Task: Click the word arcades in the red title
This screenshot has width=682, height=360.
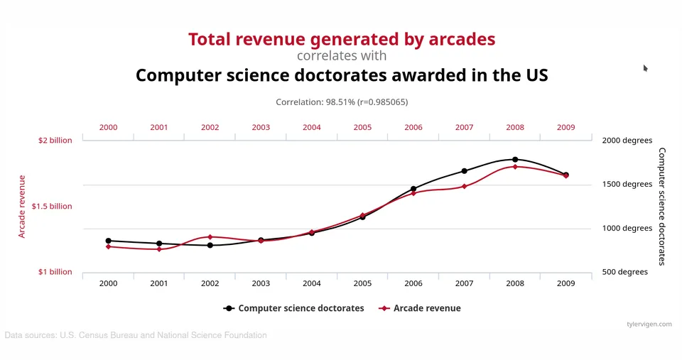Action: [x=462, y=39]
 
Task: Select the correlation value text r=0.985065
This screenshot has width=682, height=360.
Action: [x=383, y=102]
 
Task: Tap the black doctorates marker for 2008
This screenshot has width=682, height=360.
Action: [x=515, y=160]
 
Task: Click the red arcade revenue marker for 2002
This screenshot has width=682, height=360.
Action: [x=210, y=237]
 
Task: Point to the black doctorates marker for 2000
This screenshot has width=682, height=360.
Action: [x=108, y=241]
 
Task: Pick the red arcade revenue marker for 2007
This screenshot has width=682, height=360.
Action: [x=464, y=187]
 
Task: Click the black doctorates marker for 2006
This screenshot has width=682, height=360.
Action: [x=413, y=189]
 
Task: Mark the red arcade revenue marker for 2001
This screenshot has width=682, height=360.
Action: [x=159, y=249]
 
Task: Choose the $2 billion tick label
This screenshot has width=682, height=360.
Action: [x=55, y=141]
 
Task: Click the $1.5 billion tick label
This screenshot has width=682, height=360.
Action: [x=52, y=206]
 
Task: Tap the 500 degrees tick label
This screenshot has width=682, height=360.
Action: [x=625, y=272]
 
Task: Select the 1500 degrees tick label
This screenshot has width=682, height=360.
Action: [x=627, y=184]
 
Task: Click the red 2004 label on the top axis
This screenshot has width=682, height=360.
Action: [x=311, y=127]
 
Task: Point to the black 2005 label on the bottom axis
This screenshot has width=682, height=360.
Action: [x=362, y=283]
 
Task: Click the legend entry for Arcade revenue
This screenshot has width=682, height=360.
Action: [x=420, y=308]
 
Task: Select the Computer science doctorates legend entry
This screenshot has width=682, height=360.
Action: [x=293, y=308]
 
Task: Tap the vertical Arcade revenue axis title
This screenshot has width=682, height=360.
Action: [x=22, y=207]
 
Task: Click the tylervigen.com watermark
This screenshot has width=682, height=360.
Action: [x=649, y=324]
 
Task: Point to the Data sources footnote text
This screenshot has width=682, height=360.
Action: [x=136, y=335]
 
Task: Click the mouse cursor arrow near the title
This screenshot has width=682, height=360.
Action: [x=646, y=68]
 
